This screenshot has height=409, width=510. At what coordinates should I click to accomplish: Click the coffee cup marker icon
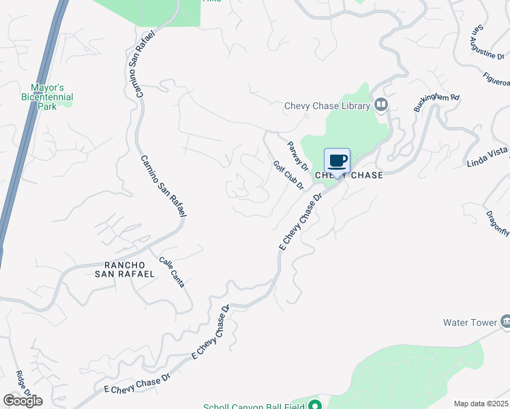337,161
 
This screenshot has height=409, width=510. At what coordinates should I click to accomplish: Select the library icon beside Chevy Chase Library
380,105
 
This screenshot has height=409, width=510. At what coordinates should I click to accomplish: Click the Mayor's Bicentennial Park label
52,97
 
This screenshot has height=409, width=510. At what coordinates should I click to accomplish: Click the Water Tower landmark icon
505,321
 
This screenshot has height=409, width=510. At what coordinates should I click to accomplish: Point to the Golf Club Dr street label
288,175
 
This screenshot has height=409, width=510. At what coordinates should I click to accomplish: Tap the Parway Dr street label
298,155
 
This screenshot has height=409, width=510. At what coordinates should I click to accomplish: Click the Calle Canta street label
172,272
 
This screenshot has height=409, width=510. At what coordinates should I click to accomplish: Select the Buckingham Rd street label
437,103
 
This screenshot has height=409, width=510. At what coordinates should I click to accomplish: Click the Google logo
22,400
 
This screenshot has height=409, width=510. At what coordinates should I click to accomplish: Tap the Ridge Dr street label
22,383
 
